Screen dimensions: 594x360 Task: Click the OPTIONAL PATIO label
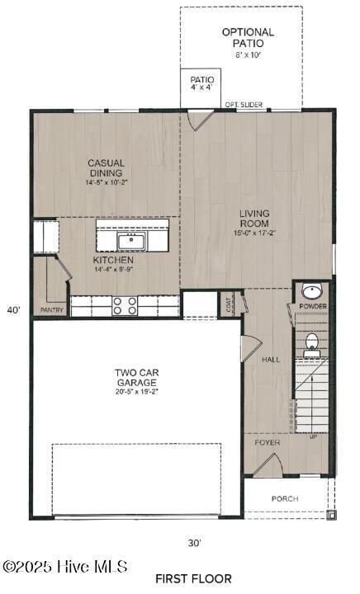(248, 37)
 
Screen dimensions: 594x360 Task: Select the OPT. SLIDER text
(244, 105)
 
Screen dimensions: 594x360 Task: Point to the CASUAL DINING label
(106, 168)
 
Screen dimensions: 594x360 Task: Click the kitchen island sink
(131, 241)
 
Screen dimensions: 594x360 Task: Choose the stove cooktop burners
(126, 306)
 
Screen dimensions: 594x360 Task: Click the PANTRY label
(51, 310)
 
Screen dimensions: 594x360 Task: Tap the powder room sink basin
(313, 291)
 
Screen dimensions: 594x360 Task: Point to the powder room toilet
(313, 344)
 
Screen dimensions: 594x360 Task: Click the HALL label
(271, 360)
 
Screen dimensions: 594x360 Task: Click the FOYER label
(267, 442)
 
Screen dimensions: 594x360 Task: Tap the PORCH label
(285, 499)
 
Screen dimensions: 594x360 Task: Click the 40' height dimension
(13, 310)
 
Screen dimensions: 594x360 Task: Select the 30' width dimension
(194, 543)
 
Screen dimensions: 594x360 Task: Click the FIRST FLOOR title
(193, 578)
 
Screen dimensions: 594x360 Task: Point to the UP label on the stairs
(313, 436)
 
